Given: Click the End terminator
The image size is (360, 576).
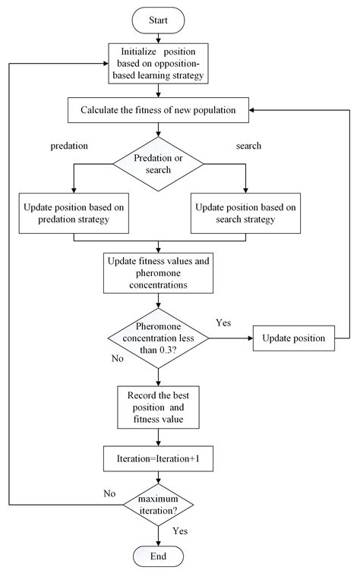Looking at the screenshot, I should [x=157, y=557].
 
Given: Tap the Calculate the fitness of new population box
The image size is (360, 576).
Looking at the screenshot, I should [x=158, y=110].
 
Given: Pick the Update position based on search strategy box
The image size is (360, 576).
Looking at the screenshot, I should [x=245, y=213].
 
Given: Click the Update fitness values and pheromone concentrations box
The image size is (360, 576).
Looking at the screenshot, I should [x=158, y=272].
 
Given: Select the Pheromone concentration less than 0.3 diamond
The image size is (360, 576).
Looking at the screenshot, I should [x=158, y=337].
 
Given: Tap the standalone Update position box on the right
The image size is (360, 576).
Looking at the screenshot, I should [x=293, y=337].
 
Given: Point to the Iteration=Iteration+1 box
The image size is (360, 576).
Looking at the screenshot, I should [x=158, y=458].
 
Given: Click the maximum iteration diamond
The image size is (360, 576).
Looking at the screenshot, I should [x=158, y=504].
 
